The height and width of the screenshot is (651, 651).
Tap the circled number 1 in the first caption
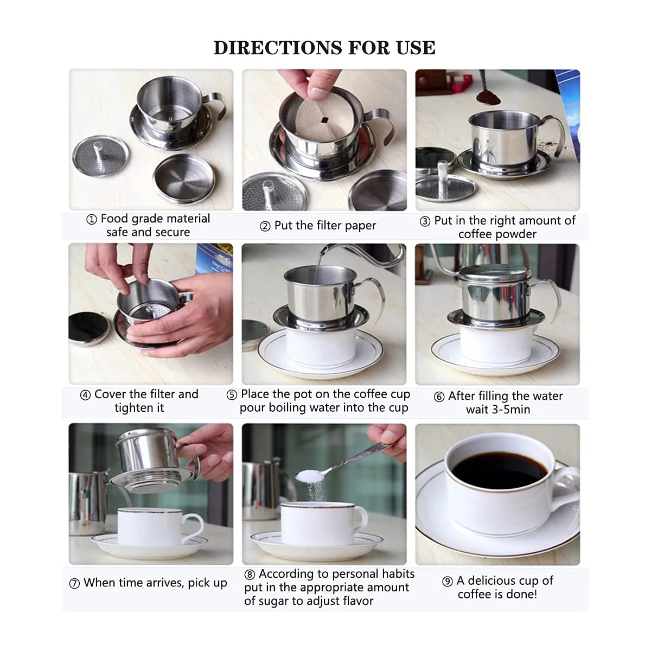[x=92, y=220]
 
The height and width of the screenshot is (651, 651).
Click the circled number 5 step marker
[x=232, y=395]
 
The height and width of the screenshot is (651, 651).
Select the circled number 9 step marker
[x=447, y=582]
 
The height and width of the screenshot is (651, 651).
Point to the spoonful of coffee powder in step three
[x=485, y=98]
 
